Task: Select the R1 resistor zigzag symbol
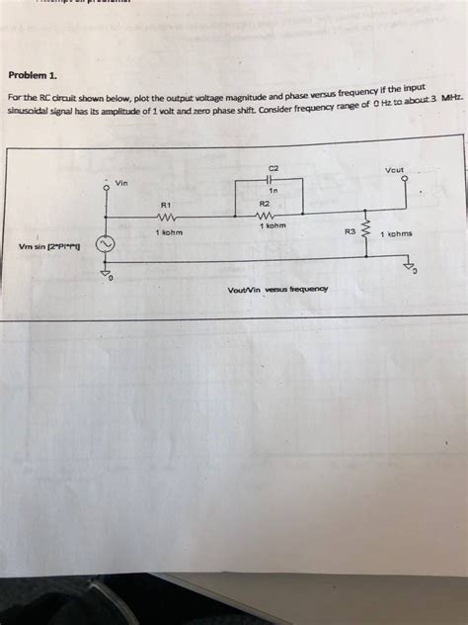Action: tap(165, 220)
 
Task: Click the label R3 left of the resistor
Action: tap(350, 232)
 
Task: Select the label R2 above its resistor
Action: tap(264, 203)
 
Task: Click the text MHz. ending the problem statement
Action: tap(452, 100)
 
